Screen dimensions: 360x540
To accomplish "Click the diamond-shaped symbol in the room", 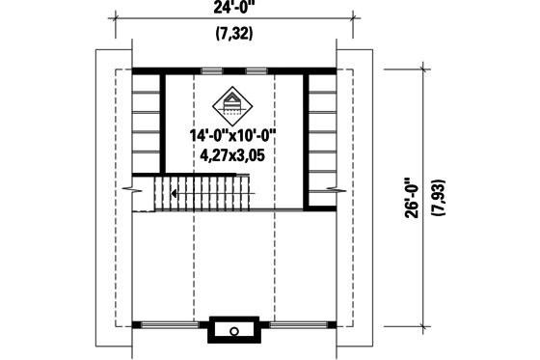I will tap(232, 100).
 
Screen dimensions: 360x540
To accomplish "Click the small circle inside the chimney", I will tap(234, 331).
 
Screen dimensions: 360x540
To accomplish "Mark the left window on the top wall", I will tap(213, 70).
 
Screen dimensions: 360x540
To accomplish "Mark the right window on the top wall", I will tap(256, 70).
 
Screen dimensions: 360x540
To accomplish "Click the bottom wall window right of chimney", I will tap(295, 323).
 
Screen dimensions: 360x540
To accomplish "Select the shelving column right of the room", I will tap(322, 135).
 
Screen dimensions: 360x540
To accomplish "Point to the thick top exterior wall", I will tap(183, 70).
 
